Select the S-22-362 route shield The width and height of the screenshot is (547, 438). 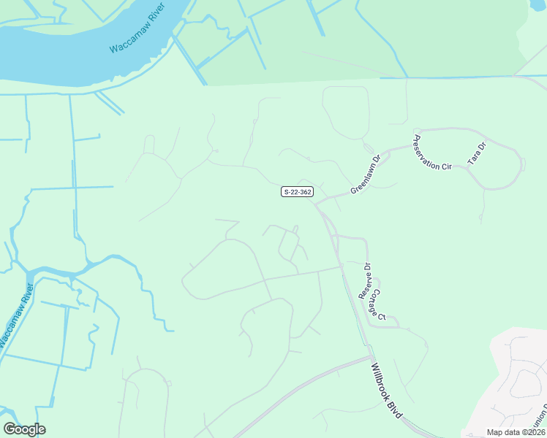click(297, 192)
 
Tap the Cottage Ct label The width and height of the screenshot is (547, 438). click(377, 305)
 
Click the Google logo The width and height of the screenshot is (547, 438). click(24, 429)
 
